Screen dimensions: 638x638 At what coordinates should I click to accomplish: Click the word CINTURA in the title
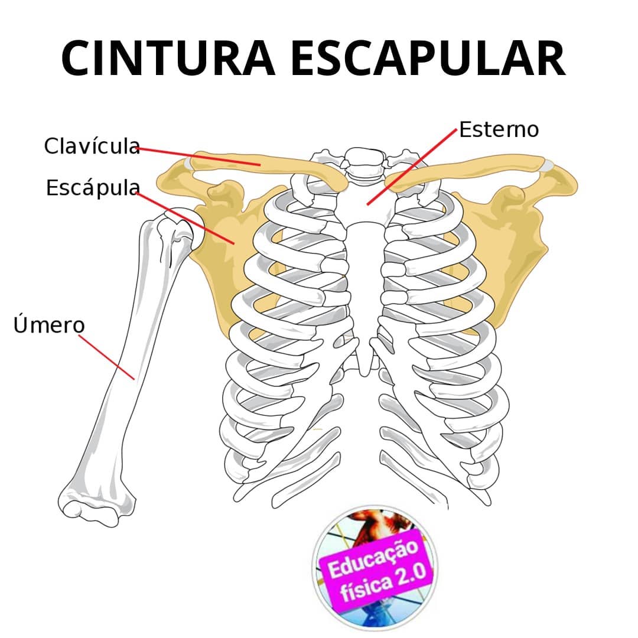click(x=168, y=58)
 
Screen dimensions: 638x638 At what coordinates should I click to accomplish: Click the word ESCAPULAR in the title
click(x=428, y=58)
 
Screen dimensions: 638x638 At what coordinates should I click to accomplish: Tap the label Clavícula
click(x=92, y=146)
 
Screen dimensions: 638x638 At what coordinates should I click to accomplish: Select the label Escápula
click(x=93, y=188)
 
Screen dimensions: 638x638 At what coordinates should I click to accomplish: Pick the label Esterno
click(x=499, y=129)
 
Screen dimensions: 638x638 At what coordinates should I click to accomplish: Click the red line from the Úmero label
click(x=106, y=357)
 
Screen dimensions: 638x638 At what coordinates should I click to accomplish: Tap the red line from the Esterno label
click(x=412, y=167)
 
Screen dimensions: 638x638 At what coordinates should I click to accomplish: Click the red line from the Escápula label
click(x=185, y=219)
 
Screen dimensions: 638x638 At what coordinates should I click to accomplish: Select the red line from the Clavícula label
click(x=198, y=157)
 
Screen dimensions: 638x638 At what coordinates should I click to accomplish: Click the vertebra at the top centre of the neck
click(x=364, y=157)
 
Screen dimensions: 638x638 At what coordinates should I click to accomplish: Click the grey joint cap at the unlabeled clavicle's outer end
click(x=548, y=165)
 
